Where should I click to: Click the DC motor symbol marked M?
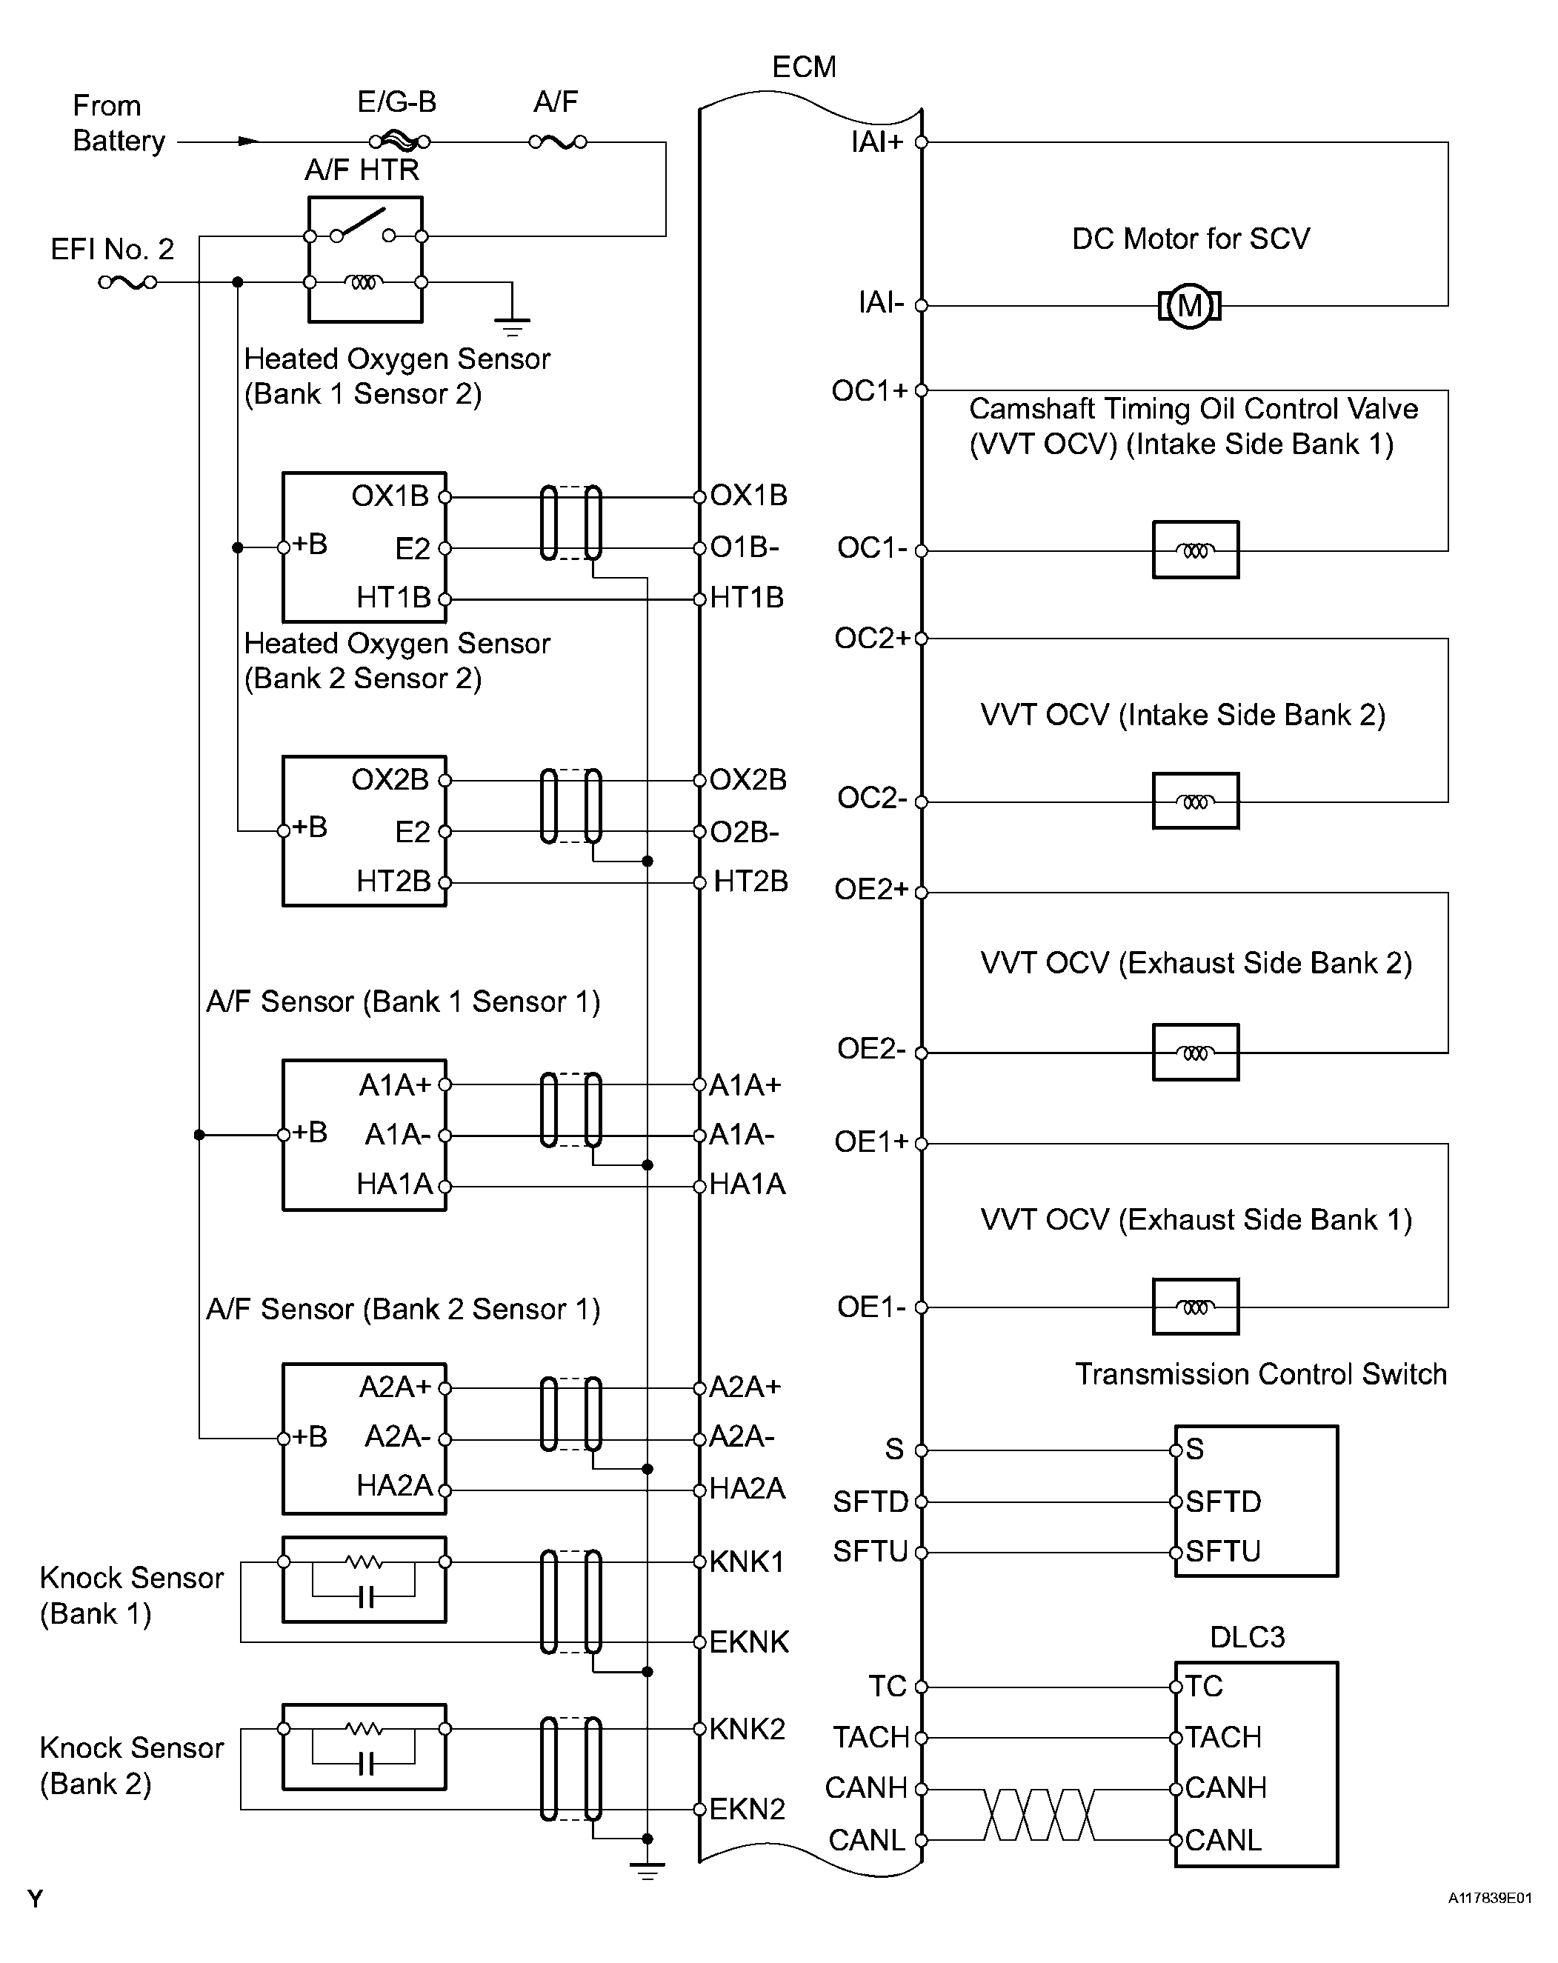click(1189, 306)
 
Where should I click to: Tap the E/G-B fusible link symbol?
click(399, 141)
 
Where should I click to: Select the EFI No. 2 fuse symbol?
click(127, 282)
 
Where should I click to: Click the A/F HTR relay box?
click(365, 259)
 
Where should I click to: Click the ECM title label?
click(803, 67)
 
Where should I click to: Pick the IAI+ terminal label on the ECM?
click(876, 142)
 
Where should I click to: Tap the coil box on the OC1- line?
click(1195, 550)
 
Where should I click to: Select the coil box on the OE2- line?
click(1195, 1053)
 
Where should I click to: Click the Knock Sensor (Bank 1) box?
click(364, 1580)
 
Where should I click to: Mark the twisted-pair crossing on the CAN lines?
click(1038, 1813)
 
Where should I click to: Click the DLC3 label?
click(1247, 1637)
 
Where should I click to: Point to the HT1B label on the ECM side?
click(747, 597)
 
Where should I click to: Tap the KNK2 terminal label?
click(747, 1728)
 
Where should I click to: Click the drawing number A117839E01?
click(1490, 1899)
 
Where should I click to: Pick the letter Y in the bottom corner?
click(35, 1899)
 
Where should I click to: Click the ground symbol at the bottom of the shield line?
click(647, 1871)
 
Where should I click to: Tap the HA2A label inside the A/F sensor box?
click(393, 1486)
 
